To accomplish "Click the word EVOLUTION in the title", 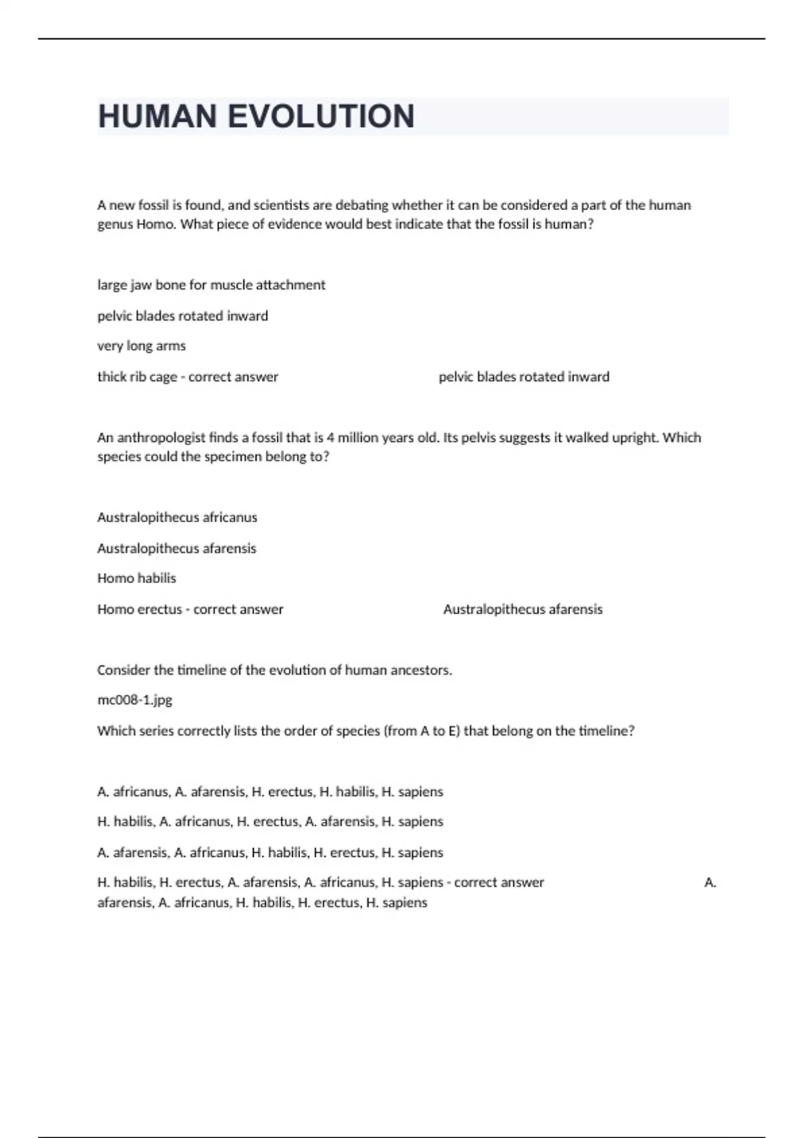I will tap(321, 116).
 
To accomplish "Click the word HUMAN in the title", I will tap(157, 116).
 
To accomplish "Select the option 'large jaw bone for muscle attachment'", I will tap(211, 285).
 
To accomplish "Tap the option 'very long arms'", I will tap(141, 346).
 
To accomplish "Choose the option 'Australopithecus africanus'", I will tap(177, 517).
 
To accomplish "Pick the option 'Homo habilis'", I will tap(137, 578).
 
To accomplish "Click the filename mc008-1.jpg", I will tap(135, 700).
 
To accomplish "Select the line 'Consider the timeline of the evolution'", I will tap(274, 670).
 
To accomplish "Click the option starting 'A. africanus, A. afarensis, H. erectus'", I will tap(270, 792).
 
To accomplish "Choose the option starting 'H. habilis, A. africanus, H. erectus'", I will tap(270, 821).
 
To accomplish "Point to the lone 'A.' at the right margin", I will tap(710, 883).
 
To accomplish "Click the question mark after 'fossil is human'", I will tap(590, 224).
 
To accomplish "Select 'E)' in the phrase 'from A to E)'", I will tap(454, 731).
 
